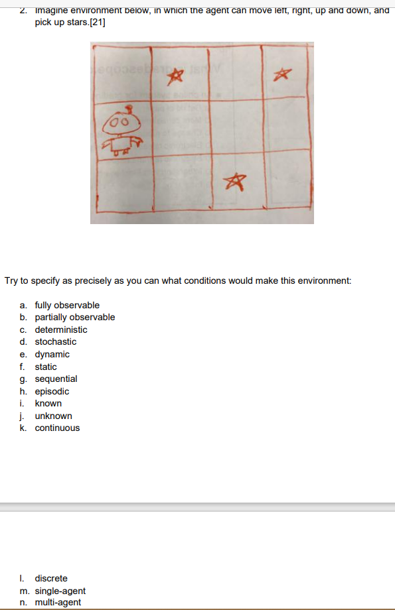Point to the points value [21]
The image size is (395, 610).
[97, 23]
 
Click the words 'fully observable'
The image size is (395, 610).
[67, 305]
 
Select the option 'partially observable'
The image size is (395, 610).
[74, 317]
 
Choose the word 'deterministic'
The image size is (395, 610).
[61, 330]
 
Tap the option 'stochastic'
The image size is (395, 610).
[56, 341]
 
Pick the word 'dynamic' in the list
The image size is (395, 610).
[52, 354]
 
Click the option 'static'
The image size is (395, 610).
[46, 367]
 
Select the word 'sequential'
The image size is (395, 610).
[56, 379]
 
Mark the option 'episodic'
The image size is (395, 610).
[52, 391]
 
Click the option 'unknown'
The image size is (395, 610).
[53, 416]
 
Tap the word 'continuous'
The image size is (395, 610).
[57, 428]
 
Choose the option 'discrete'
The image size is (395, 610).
[51, 578]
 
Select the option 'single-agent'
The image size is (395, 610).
[60, 591]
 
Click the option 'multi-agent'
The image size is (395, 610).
[58, 602]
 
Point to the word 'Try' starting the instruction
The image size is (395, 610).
[11, 280]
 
